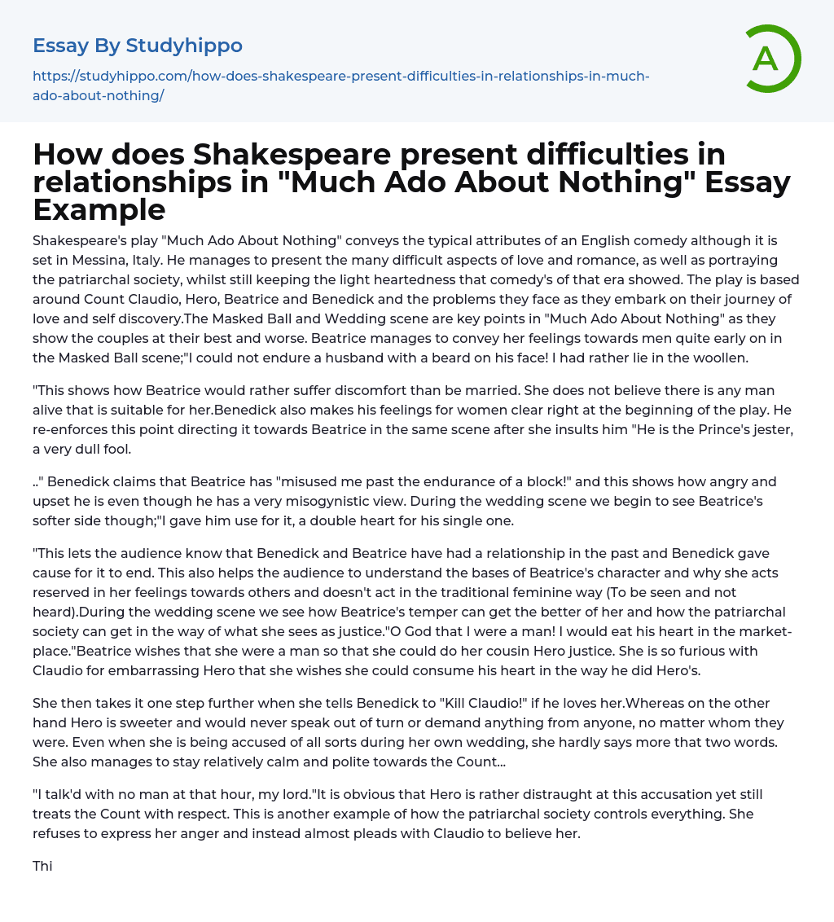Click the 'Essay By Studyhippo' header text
138,46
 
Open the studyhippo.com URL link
340,86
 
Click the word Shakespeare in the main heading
266,154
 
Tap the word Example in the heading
99,209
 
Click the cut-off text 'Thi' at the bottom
42,866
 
